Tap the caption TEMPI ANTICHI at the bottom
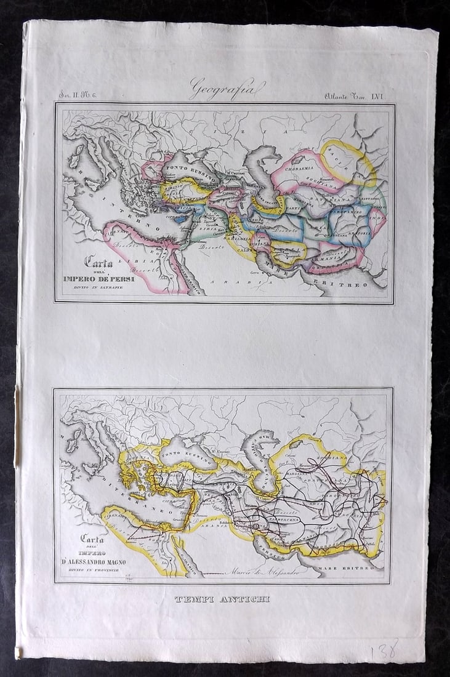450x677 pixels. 222,599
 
